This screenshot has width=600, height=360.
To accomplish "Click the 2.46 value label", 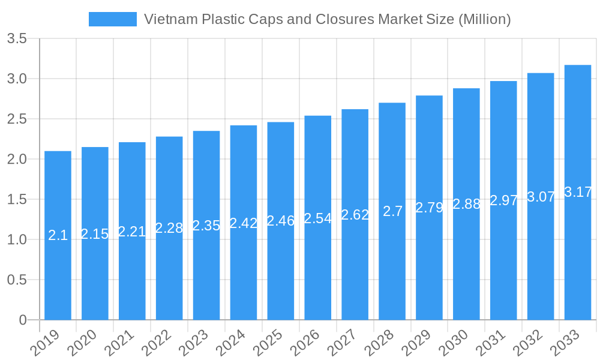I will click(x=281, y=221).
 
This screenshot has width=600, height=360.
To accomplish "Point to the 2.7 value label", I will click(x=392, y=211).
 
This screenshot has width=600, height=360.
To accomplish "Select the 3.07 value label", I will click(x=541, y=197).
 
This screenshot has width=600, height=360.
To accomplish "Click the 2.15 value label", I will click(x=95, y=234).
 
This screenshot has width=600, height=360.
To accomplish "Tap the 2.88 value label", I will click(x=467, y=204).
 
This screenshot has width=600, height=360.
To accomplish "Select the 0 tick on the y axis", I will click(x=23, y=320).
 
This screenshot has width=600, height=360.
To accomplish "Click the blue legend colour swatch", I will click(x=112, y=19).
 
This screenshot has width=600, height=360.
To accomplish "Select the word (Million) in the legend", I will click(x=484, y=19).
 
